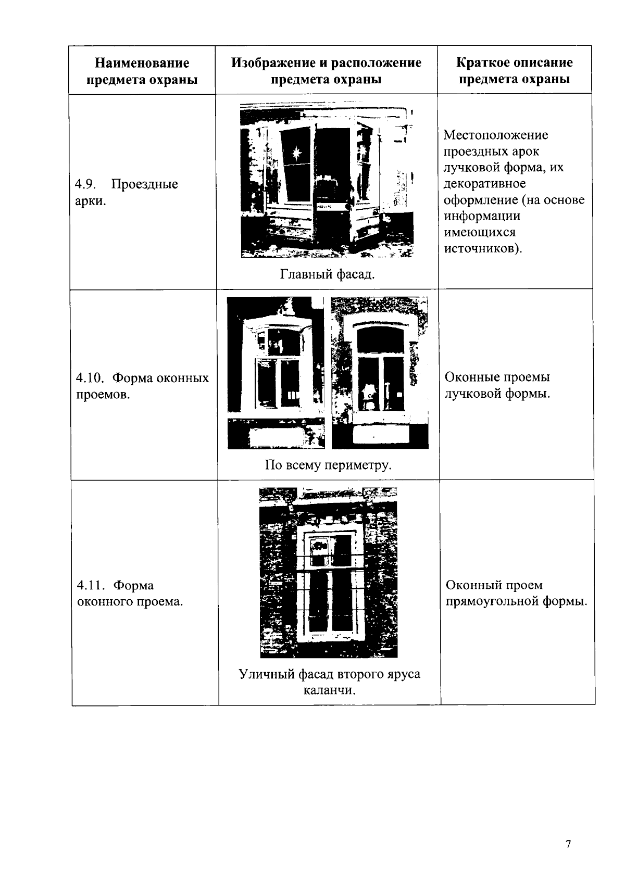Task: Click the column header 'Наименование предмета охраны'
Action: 142,71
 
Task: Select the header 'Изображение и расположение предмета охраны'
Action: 326,71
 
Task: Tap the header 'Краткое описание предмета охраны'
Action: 514,71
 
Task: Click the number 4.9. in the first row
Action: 84,184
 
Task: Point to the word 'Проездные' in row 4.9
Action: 145,184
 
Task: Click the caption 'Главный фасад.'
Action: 327,274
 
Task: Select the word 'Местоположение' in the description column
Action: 495,135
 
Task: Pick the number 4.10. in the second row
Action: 90,378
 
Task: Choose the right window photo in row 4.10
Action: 380,373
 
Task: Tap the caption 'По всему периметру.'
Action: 328,465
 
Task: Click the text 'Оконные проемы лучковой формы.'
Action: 497,385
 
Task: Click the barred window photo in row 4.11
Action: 328,573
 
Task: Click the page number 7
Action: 568,844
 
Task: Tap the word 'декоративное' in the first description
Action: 484,184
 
